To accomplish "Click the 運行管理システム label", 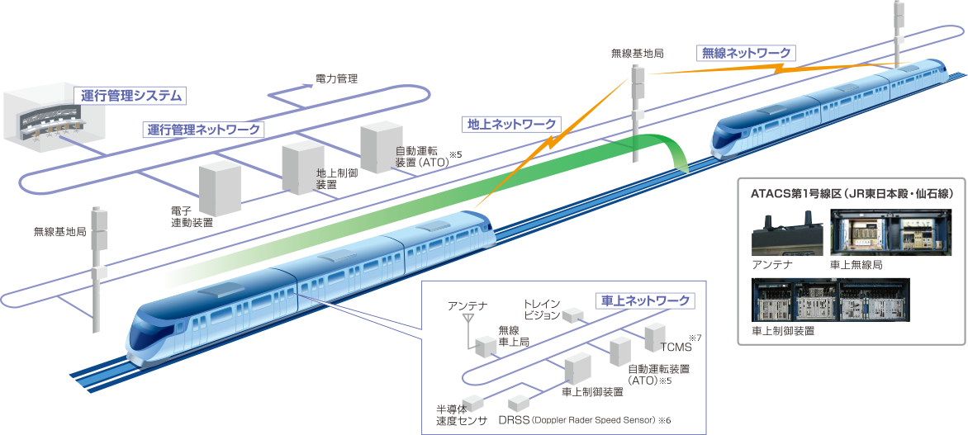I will point(130,96).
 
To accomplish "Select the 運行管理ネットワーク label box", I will point(203,130).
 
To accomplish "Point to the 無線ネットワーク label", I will point(745,54).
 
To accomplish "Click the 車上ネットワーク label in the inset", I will point(643,301).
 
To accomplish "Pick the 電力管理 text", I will point(336,79).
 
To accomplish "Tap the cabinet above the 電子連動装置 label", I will point(219,188).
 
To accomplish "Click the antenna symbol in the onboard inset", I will point(467,319).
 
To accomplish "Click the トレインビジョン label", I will point(541,309).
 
